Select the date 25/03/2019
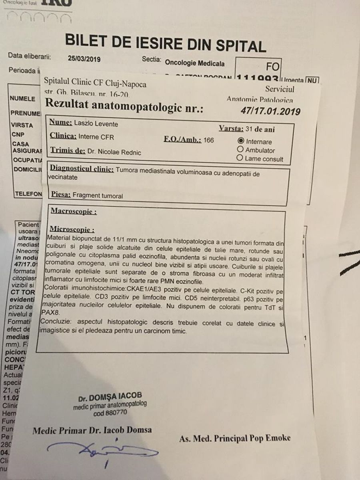pyautogui.click(x=84, y=59)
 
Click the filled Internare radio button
pyautogui.click(x=241, y=141)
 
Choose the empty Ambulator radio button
pyautogui.click(x=241, y=150)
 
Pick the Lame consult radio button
pyautogui.click(x=240, y=158)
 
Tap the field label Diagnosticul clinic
pyautogui.click(x=81, y=169)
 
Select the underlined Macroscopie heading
pyautogui.click(x=73, y=212)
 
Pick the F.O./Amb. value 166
pyautogui.click(x=209, y=140)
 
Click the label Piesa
pyautogui.click(x=62, y=195)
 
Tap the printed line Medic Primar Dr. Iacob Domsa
pyautogui.click(x=92, y=430)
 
